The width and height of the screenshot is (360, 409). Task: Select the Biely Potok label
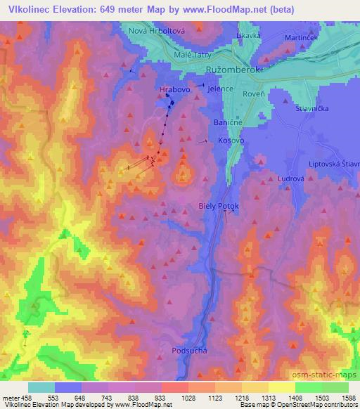click(x=219, y=206)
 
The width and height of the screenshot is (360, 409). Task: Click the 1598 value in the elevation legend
click(x=349, y=398)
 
